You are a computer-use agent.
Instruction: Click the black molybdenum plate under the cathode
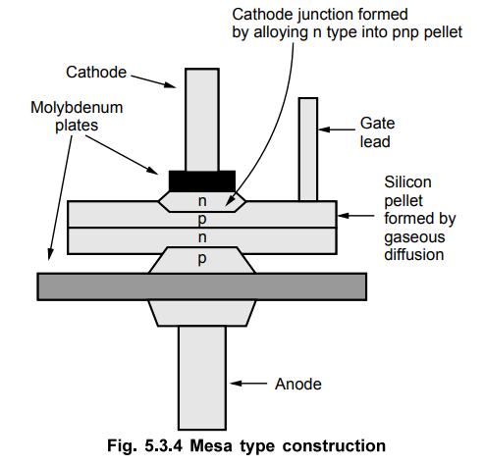202,181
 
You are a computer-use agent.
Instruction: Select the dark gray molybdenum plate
201,286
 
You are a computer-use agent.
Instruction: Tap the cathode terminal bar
202,120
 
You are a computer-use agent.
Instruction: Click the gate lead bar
308,149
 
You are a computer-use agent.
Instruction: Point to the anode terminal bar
202,378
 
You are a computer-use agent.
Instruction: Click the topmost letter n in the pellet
202,201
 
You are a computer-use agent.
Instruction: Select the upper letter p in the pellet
202,220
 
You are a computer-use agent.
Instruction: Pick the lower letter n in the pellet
202,237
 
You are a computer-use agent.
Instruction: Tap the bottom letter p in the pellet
202,259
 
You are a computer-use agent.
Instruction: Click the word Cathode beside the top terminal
96,72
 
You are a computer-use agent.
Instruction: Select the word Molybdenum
77,108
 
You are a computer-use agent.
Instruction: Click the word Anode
298,384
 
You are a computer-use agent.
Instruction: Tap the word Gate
377,124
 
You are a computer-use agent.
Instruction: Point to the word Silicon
407,182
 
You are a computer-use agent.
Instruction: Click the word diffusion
414,255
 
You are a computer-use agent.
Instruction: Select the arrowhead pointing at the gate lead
324,129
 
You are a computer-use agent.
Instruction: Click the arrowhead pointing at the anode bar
236,383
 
